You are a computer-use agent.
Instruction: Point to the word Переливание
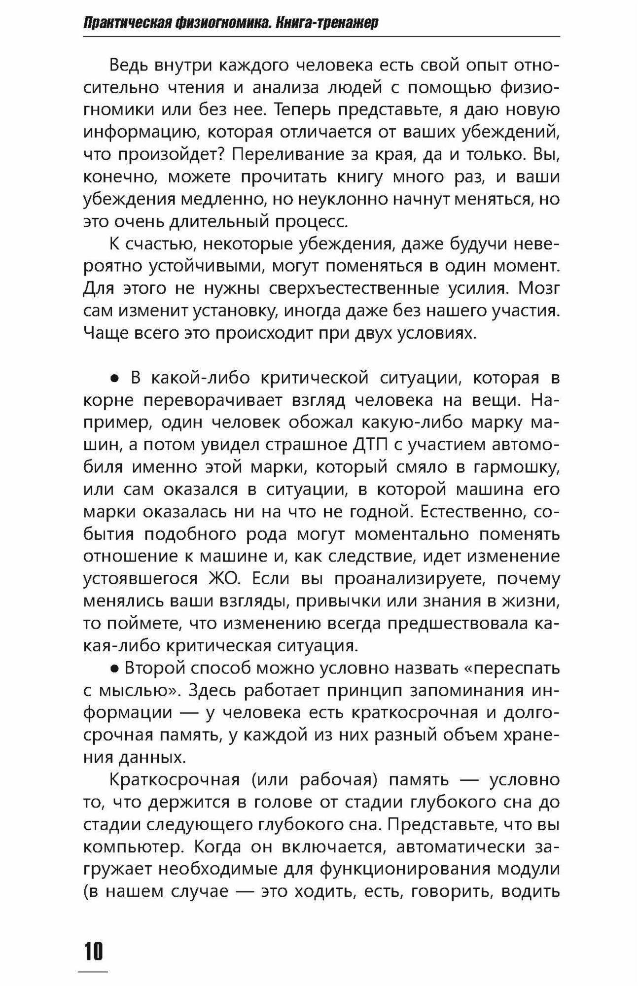pos(283,154)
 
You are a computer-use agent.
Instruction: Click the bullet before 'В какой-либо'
pos(114,379)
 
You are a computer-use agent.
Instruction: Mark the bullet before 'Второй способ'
pos(114,669)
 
